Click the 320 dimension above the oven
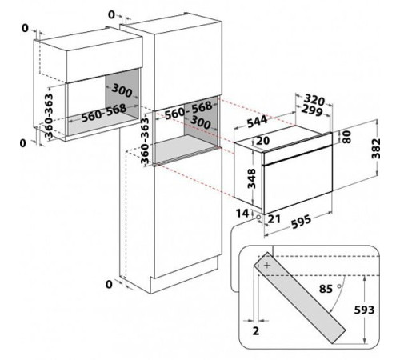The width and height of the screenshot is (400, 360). [314, 100]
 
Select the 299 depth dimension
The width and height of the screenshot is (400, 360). [311, 110]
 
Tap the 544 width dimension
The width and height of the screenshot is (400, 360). [257, 122]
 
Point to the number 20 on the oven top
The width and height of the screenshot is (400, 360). [262, 141]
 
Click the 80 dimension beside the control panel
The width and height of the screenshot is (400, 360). [346, 137]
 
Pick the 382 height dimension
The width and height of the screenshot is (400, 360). [376, 149]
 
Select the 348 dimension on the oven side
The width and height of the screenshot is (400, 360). [251, 178]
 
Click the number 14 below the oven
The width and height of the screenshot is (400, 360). [242, 214]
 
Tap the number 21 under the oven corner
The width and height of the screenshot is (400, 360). [274, 218]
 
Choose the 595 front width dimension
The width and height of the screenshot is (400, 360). [301, 222]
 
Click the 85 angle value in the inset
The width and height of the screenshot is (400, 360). [326, 289]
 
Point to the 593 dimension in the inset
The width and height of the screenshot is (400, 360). [364, 310]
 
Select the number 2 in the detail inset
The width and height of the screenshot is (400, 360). [256, 331]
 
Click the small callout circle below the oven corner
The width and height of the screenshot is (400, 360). [258, 218]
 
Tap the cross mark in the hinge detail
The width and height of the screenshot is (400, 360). [267, 266]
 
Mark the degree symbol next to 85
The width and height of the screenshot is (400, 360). [339, 286]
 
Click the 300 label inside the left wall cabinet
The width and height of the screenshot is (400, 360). [122, 90]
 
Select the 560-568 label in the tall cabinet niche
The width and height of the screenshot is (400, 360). [189, 110]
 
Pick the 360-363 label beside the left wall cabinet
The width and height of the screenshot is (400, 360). [49, 116]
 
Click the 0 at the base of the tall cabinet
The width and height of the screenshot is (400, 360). [109, 285]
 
